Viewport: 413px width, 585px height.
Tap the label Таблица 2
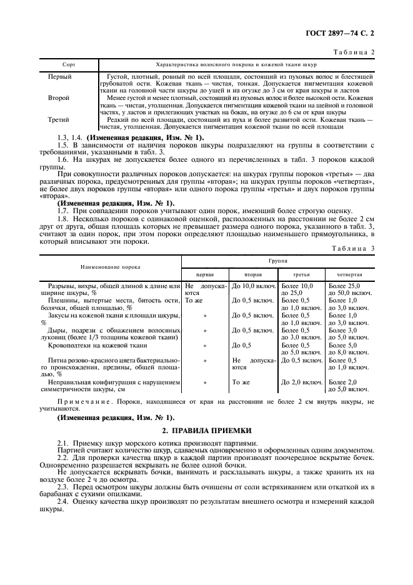pyautogui.click(x=356, y=52)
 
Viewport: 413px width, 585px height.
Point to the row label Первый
pyautogui.click(x=60, y=76)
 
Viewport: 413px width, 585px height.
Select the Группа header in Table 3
pyautogui.click(x=278, y=258)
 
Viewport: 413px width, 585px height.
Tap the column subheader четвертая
pyautogui.click(x=351, y=274)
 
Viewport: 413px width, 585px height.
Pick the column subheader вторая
pyautogui.click(x=252, y=274)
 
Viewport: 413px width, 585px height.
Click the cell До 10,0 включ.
pyautogui.click(x=252, y=286)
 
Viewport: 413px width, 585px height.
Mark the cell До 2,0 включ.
pyautogui.click(x=302, y=382)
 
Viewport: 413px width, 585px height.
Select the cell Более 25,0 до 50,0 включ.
pyautogui.click(x=350, y=289)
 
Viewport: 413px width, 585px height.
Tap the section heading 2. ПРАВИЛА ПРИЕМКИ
pyautogui.click(x=207, y=430)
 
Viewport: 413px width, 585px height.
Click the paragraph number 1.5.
pyautogui.click(x=63, y=144)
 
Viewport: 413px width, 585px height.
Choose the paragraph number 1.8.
pyautogui.click(x=63, y=219)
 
